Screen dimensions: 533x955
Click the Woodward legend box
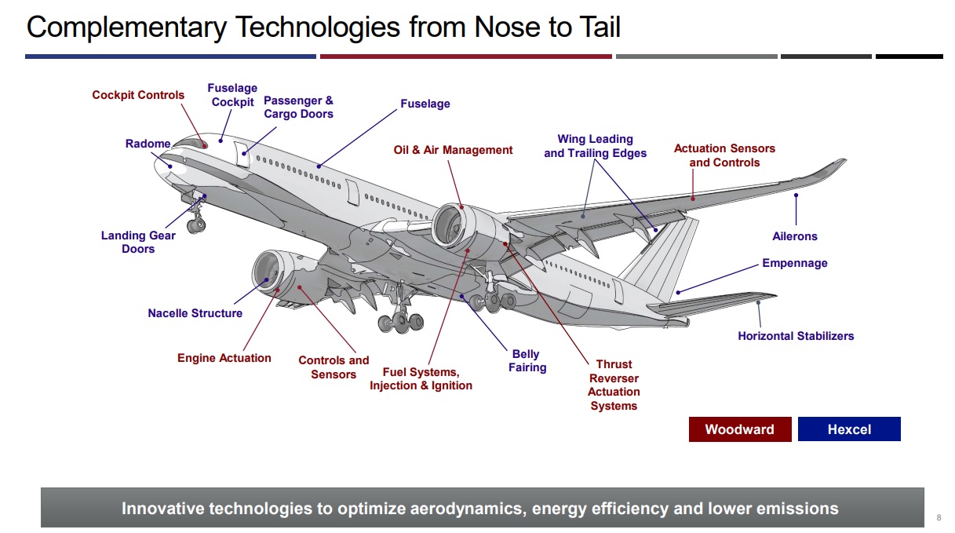[x=739, y=429]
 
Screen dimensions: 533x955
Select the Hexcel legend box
[x=849, y=429]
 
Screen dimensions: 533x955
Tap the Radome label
[x=148, y=144]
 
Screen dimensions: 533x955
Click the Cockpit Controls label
[x=138, y=95]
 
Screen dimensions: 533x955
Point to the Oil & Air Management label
[x=453, y=150]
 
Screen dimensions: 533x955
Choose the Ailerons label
[x=794, y=236]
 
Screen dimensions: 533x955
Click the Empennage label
[x=794, y=263]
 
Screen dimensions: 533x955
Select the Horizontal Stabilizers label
[x=796, y=336]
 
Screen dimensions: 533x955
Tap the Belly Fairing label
[x=527, y=361]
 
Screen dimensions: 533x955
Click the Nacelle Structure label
[x=195, y=313]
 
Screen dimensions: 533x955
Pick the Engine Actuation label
[x=224, y=358]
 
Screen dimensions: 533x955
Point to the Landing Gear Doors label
[x=138, y=242]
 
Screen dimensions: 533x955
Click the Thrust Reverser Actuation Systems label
[x=614, y=385]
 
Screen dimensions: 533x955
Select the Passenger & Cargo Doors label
[x=298, y=108]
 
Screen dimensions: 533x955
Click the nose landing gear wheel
[x=196, y=225]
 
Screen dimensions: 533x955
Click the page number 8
[x=939, y=517]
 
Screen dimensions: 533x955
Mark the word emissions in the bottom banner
[x=797, y=509]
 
